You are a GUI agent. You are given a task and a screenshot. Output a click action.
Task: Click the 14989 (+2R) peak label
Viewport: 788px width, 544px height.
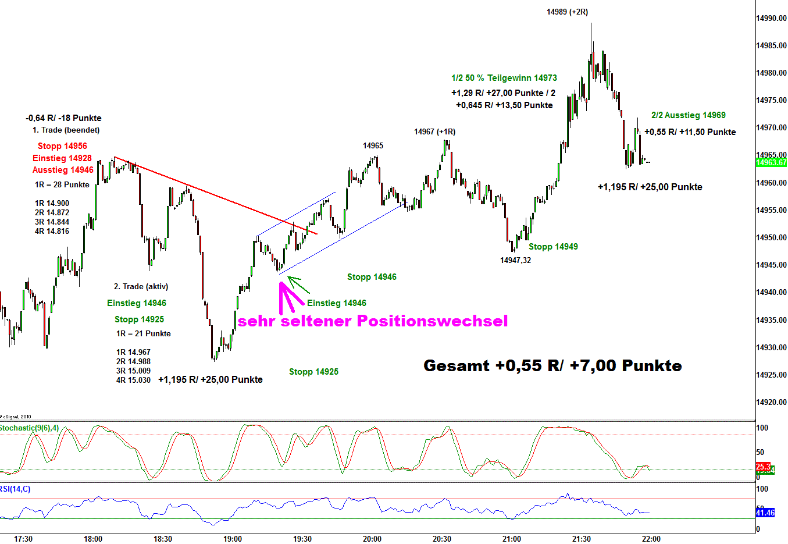tap(567, 12)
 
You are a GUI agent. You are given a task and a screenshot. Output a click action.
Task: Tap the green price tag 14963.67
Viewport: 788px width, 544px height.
tap(771, 162)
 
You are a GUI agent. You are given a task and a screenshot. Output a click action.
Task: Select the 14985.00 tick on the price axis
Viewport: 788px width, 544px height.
tap(771, 46)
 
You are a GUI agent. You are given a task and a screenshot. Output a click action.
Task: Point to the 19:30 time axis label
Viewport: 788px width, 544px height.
tap(302, 539)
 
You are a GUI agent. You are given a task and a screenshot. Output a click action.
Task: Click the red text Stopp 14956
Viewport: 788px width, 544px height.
tap(62, 146)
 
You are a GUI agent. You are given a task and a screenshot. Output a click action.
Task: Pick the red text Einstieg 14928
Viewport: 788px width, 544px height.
tap(62, 158)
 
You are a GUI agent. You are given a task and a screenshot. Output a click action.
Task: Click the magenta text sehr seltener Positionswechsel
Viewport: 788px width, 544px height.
tap(373, 321)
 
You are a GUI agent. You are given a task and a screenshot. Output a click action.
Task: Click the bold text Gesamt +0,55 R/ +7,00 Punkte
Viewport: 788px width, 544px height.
tap(552, 365)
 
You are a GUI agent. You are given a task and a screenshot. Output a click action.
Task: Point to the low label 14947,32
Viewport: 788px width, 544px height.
tap(515, 260)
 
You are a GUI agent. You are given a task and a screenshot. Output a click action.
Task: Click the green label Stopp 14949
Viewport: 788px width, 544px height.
tap(553, 247)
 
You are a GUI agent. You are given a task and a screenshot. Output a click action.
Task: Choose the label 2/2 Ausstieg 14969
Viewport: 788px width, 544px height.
tap(689, 115)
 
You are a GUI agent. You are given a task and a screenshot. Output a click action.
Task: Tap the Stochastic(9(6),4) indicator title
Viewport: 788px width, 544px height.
tap(29, 428)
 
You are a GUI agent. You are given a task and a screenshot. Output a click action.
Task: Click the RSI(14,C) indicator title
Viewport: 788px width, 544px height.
tap(15, 489)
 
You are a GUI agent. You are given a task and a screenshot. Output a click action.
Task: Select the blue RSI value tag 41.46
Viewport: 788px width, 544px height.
tap(765, 513)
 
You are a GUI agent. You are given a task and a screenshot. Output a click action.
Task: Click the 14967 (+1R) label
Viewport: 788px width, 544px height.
tap(434, 132)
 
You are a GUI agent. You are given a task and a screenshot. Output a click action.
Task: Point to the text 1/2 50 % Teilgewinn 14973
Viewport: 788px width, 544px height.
tap(504, 78)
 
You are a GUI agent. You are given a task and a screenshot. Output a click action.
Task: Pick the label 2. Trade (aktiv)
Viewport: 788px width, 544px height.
tap(141, 286)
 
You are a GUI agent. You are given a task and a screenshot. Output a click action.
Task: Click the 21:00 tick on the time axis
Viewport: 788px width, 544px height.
tap(512, 539)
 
